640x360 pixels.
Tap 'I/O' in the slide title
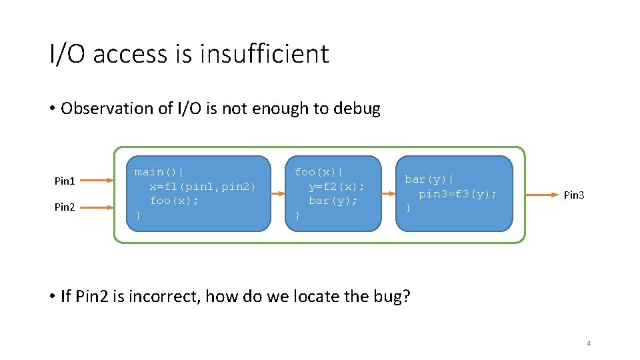point(67,53)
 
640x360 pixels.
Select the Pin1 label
point(65,181)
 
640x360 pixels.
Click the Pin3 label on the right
point(574,195)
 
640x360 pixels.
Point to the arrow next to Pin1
point(101,180)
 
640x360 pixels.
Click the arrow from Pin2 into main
point(101,207)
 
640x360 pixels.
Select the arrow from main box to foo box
point(278,194)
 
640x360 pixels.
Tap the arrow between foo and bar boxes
point(389,194)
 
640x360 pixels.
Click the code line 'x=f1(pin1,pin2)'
point(202,186)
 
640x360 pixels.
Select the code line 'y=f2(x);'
point(336,186)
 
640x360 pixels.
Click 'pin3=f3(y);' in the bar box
point(457,194)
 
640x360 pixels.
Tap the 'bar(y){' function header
point(429,179)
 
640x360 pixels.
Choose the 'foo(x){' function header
point(319,172)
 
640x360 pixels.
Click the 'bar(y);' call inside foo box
point(333,200)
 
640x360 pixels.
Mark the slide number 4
point(588,343)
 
